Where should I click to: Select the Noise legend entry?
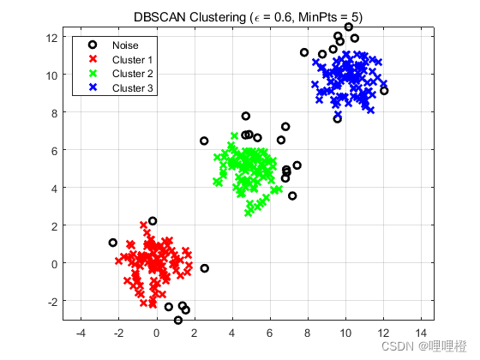[x=124, y=45]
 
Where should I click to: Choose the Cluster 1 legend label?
[x=132, y=60]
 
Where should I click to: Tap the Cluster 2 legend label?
[x=132, y=74]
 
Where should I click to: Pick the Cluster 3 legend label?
[x=132, y=87]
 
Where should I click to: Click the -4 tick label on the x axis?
[x=81, y=332]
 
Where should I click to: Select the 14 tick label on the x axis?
[x=421, y=332]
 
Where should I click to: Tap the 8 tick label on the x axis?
[x=308, y=332]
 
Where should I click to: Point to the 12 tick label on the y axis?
[x=52, y=37]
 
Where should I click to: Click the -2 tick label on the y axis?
[x=52, y=301]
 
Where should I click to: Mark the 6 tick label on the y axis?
[x=55, y=150]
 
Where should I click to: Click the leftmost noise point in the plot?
[x=113, y=243]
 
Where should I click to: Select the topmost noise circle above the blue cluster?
[x=349, y=27]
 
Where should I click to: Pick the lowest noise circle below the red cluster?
[x=178, y=321]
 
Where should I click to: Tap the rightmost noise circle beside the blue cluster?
[x=384, y=91]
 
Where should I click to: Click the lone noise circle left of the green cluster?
[x=204, y=141]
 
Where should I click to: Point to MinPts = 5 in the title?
[x=322, y=17]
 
